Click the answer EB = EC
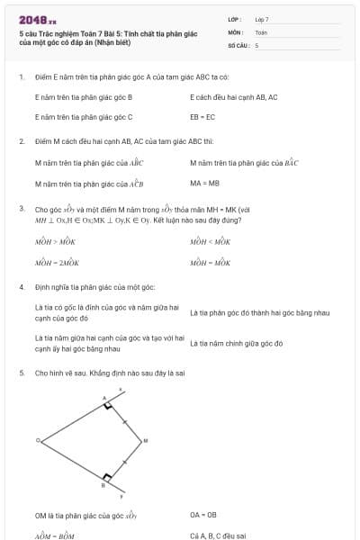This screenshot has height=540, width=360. coord(202,117)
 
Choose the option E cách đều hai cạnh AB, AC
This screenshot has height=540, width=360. coord(233,96)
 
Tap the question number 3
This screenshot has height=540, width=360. coord(22,209)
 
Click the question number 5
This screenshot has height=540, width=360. coord(22,372)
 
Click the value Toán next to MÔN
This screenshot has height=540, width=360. coord(261,31)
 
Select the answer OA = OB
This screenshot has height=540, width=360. coord(203,515)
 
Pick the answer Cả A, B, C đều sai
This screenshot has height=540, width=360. coord(218,535)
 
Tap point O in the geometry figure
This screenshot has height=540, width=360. coord(38,440)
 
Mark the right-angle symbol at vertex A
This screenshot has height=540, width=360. coord(108,406)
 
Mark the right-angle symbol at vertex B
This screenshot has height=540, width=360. coord(108,476)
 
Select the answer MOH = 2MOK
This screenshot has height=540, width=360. coord(58,264)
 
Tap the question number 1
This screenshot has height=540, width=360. coord(22,76)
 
